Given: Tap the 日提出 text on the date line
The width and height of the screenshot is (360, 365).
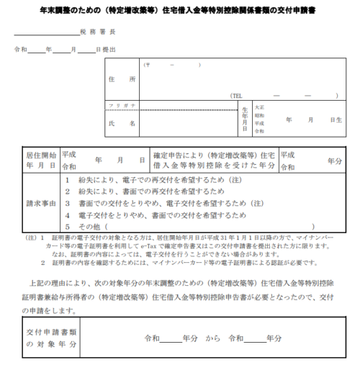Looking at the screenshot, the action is tap(104, 50).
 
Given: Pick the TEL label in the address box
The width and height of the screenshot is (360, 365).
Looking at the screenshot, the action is tap(238, 95).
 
